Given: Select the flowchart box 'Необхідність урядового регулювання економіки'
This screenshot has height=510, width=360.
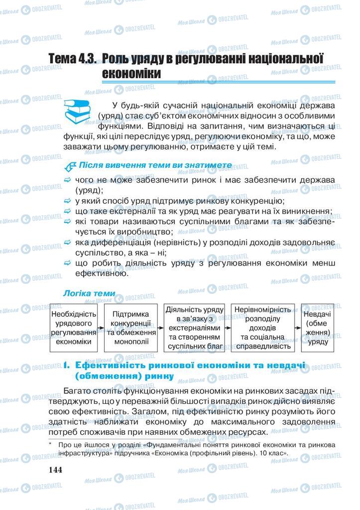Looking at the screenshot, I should coord(74,328).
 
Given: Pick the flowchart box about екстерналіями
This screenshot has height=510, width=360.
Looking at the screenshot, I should coord(191,328).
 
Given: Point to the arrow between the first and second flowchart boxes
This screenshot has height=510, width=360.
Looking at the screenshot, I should coord(101,329).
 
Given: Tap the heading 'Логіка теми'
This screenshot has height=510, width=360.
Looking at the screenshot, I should coord(89,294).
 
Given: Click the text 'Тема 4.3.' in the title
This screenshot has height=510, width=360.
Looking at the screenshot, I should coord(73,58).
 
